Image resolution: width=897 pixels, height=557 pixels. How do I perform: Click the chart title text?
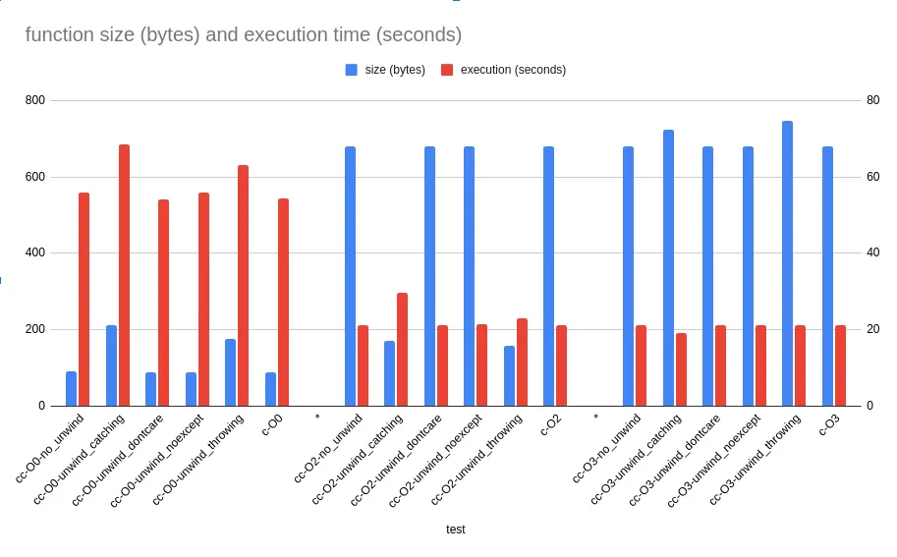[243, 34]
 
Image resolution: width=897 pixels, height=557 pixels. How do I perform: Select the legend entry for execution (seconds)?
[502, 70]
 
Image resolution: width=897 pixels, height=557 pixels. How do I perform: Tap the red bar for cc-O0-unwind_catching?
[124, 275]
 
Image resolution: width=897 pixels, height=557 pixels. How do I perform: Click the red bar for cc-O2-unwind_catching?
[402, 349]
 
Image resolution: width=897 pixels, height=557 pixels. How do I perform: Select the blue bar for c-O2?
[548, 276]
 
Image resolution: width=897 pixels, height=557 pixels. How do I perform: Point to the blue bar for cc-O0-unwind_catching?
[111, 364]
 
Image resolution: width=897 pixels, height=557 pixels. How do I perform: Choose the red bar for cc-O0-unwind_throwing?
[243, 285]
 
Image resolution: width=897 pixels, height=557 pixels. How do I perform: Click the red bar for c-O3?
[840, 364]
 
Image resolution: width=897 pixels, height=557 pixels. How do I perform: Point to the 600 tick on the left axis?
[34, 177]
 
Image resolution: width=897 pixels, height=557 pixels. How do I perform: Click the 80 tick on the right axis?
[871, 100]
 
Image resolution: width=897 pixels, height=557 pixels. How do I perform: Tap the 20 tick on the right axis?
[871, 329]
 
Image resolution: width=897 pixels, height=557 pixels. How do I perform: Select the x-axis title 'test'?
[455, 529]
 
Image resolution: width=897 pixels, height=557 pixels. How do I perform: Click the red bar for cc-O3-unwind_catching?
[681, 368]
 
